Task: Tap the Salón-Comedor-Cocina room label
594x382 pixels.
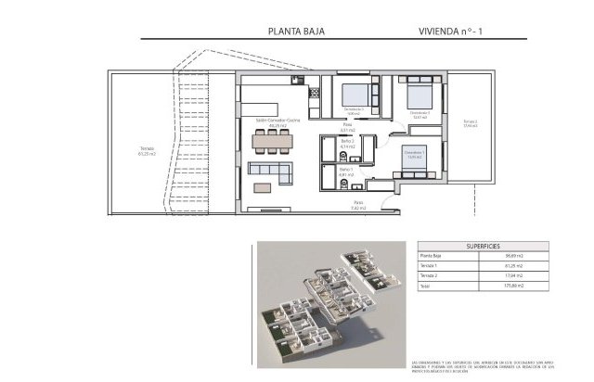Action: pyautogui.click(x=278, y=121)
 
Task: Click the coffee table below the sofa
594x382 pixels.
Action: pyautogui.click(x=265, y=188)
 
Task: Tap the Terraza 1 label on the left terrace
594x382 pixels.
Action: pyautogui.click(x=147, y=151)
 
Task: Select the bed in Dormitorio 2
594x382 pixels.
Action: pyautogui.click(x=420, y=96)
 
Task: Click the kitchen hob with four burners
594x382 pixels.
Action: pyautogui.click(x=313, y=92)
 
